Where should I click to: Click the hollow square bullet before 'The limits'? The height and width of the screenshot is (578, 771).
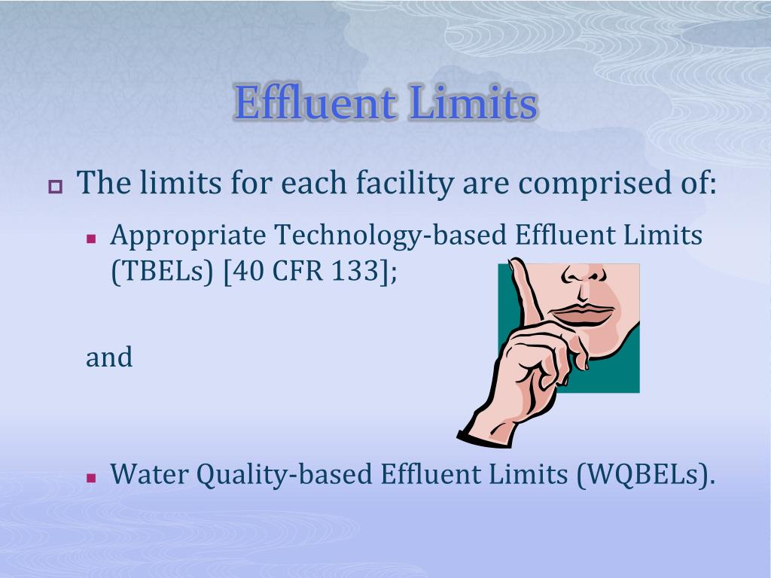pos(55,186)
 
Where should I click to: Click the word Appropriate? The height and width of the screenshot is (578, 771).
pos(188,236)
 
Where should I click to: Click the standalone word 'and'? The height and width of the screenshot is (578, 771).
pos(109,357)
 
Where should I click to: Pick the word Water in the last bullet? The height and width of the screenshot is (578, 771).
pos(149,474)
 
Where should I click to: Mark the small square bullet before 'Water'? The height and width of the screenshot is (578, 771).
pos(92,477)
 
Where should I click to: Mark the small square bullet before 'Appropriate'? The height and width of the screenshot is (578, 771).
pos(92,239)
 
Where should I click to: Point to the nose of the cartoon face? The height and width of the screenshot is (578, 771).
pos(588,278)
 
